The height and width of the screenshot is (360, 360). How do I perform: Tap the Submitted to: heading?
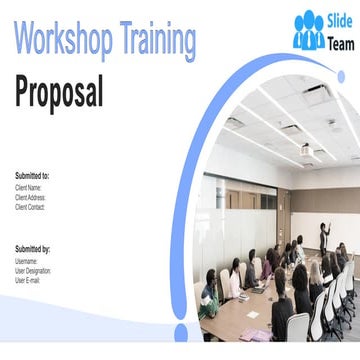click(32, 176)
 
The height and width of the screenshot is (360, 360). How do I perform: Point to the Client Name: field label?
click(28, 187)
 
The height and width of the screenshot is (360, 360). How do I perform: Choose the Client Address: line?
click(30, 197)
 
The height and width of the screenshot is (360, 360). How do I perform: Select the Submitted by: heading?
click(33, 249)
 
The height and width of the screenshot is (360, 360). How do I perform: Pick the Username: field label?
click(27, 261)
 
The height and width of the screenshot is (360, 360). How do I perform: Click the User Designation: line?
click(33, 271)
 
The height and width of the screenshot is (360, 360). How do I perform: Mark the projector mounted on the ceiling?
click(306, 152)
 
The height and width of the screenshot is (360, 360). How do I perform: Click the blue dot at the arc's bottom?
click(181, 330)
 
